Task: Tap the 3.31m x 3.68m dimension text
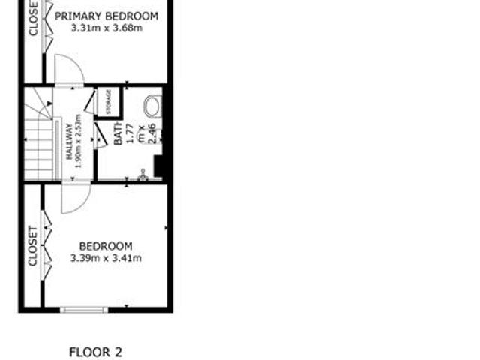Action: coord(106,28)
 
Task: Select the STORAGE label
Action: coord(109,103)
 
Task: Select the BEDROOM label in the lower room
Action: coord(106,246)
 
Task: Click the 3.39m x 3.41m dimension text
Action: coord(106,258)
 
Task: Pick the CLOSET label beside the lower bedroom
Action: coord(32,246)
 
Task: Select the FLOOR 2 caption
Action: coord(94,351)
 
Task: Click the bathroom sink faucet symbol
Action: coord(142,175)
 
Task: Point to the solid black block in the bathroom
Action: coord(159,165)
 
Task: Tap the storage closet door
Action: coord(89,101)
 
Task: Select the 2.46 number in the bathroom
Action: coord(151,134)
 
